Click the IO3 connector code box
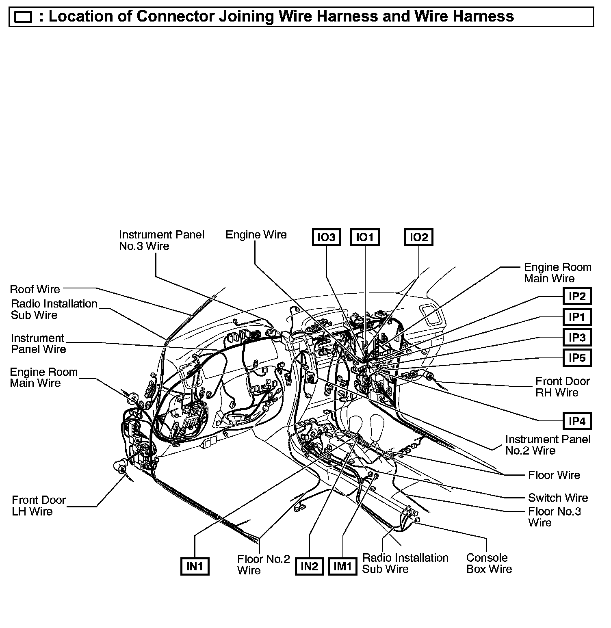(x=326, y=237)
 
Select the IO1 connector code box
(x=364, y=237)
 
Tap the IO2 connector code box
(x=419, y=237)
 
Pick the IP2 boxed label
(x=577, y=296)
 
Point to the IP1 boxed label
(x=577, y=317)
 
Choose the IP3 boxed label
(x=577, y=338)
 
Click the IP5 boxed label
(x=577, y=358)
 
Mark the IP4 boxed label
(x=577, y=421)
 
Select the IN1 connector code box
(x=195, y=566)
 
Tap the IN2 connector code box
(x=309, y=566)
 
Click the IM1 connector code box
(x=342, y=566)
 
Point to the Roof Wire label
(x=35, y=289)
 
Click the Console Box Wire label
(x=489, y=563)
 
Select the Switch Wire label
(x=558, y=498)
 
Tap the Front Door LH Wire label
(x=39, y=505)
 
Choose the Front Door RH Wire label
(x=562, y=387)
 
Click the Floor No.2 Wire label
(x=263, y=565)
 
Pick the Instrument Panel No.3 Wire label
(x=161, y=240)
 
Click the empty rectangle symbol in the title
(x=23, y=17)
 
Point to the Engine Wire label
(x=256, y=235)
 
